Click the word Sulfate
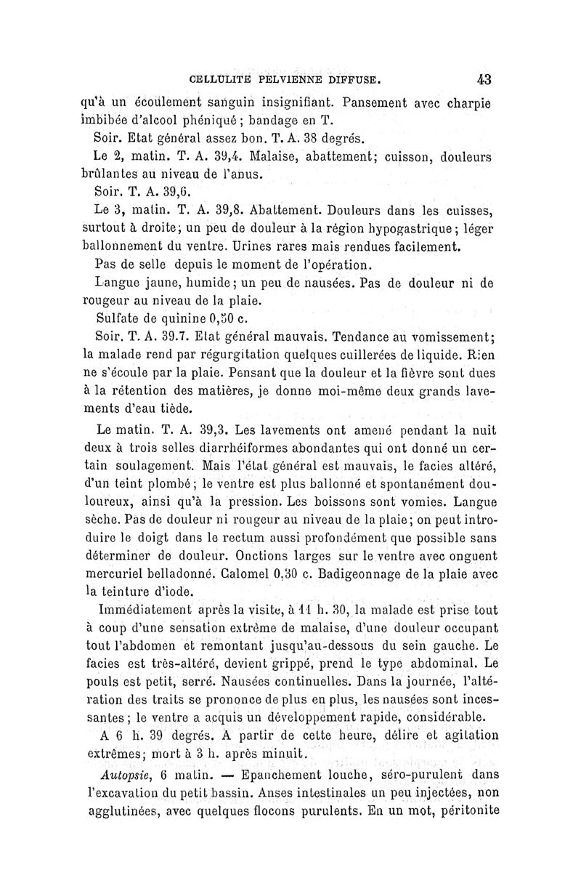(x=121, y=318)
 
